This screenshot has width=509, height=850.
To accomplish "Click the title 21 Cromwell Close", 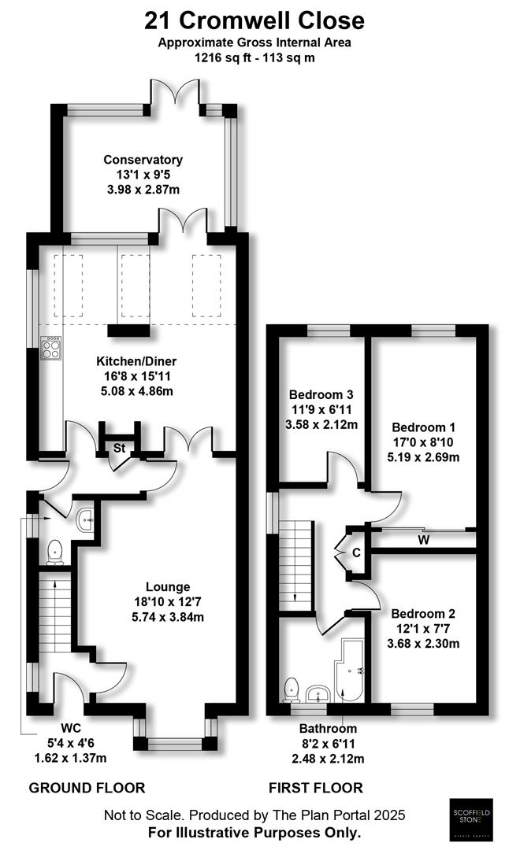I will pyautogui.click(x=255, y=19).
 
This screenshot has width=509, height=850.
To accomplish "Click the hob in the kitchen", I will pyautogui.click(x=51, y=346).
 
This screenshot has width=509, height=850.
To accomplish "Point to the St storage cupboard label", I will pyautogui.click(x=120, y=448).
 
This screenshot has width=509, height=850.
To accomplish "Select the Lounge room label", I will pyautogui.click(x=167, y=586).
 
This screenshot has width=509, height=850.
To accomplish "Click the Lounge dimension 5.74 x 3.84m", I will pyautogui.click(x=167, y=616).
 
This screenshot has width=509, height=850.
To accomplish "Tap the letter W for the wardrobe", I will pyautogui.click(x=424, y=540).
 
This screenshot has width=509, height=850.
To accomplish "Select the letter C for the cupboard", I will pyautogui.click(x=356, y=552).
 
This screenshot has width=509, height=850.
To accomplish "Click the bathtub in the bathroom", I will pyautogui.click(x=348, y=671).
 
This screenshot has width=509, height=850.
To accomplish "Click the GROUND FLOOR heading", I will pyautogui.click(x=87, y=787).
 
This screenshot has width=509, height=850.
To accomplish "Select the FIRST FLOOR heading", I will pyautogui.click(x=315, y=787).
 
